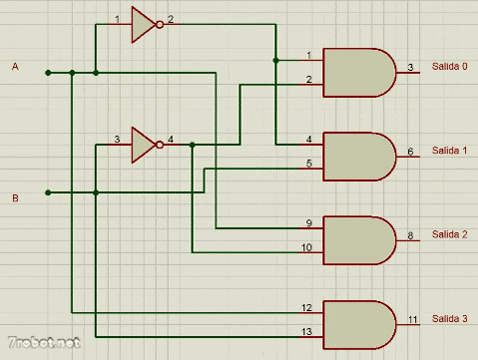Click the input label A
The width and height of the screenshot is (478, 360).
coord(15,66)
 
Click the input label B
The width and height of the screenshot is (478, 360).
coord(15,198)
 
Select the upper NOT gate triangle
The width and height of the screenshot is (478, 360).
coord(143,27)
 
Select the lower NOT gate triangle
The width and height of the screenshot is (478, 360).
coord(143,145)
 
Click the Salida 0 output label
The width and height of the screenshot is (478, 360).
coord(449,66)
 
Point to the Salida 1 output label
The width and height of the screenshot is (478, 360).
coord(449,150)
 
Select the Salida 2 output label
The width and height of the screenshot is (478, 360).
coord(449,234)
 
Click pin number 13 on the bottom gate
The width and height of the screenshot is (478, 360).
coord(307,331)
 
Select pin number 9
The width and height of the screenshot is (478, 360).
coord(309,222)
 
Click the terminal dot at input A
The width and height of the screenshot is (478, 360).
coord(47,72)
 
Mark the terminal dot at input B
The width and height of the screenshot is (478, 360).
coord(47,192)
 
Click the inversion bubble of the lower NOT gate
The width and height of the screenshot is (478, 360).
coord(160,145)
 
